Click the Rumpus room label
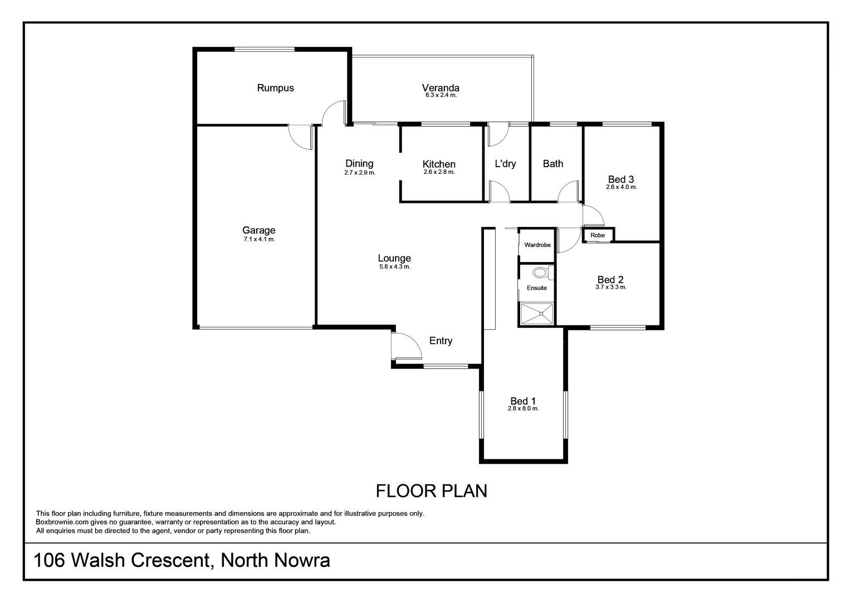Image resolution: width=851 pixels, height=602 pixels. (275, 88)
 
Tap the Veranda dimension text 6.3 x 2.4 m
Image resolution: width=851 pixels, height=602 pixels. (441, 95)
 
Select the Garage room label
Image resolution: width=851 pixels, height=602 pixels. (258, 230)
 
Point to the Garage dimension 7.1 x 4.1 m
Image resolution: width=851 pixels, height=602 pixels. (259, 239)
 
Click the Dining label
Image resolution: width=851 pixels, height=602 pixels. (359, 163)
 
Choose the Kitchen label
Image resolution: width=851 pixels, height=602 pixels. (439, 164)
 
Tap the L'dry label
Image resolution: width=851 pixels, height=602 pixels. (505, 164)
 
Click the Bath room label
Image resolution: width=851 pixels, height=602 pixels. (552, 164)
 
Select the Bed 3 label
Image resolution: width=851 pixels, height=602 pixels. (620, 179)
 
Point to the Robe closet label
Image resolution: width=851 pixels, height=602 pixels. (597, 235)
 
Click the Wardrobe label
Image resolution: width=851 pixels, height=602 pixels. (537, 245)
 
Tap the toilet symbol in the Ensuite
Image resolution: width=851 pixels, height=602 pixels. (540, 273)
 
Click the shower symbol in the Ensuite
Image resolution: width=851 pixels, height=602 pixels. (537, 313)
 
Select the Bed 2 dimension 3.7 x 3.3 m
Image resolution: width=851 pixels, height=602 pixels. (610, 288)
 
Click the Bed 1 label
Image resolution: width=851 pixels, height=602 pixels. (523, 401)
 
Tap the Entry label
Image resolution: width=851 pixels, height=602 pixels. (441, 341)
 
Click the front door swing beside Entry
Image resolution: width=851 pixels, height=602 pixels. (404, 347)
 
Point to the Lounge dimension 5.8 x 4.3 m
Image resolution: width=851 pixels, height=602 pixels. (394, 267)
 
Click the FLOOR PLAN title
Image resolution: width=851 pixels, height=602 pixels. (431, 491)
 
